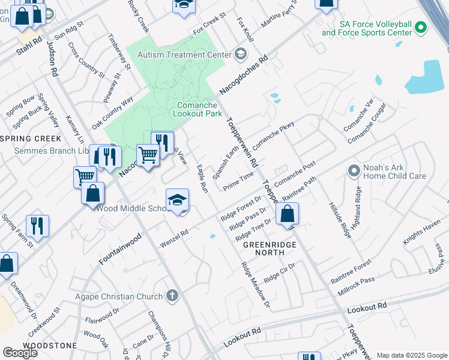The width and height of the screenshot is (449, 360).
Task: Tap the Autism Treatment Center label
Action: (x=184, y=55)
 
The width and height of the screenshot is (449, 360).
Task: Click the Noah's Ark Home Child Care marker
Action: (x=354, y=171)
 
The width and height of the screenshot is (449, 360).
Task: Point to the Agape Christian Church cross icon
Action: (x=172, y=296)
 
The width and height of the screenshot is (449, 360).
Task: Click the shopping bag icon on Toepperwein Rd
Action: (x=288, y=214)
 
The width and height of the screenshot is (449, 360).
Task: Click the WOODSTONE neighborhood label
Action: (x=50, y=346)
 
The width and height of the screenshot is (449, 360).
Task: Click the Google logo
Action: (x=20, y=352)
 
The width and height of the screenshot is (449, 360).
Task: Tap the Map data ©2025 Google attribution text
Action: (x=411, y=355)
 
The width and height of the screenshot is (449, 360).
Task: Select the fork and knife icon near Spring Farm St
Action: (x=38, y=226)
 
